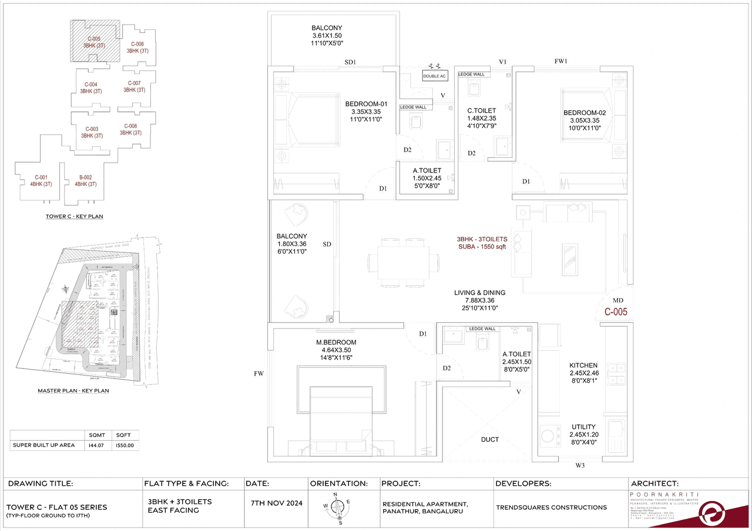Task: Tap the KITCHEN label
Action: click(583, 365)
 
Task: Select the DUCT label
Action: click(489, 439)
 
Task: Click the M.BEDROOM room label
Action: click(336, 342)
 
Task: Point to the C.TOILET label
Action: click(482, 110)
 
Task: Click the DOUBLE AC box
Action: click(434, 76)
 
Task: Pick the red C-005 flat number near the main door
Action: click(616, 313)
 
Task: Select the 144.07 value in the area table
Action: click(97, 445)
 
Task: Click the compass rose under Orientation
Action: click(336, 506)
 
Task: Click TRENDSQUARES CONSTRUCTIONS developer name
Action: click(551, 507)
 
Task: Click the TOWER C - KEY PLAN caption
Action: click(74, 217)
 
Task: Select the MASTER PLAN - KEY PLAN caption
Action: click(73, 390)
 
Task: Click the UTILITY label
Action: click(583, 427)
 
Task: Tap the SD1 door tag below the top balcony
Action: click(351, 62)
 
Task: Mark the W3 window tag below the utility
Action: click(580, 466)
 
